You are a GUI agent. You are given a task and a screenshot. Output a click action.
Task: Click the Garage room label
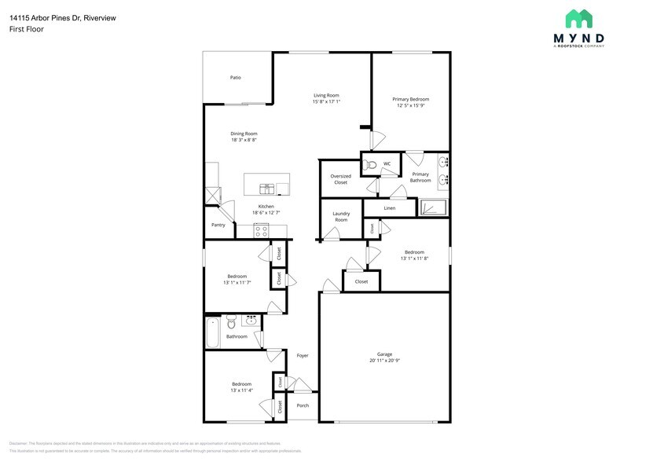[x=384, y=354]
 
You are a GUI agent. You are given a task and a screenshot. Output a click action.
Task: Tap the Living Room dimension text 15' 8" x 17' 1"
[x=326, y=102]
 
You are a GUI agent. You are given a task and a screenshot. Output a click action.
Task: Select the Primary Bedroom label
[x=411, y=99]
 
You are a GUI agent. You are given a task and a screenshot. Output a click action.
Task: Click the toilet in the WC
[x=370, y=164]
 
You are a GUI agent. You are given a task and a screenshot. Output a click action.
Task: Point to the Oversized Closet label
[x=341, y=179]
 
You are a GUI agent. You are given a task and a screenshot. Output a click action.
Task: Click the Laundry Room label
[x=341, y=216]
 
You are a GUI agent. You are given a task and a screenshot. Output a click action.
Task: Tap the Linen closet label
[x=390, y=208]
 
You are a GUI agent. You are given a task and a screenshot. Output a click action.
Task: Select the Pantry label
[x=218, y=225]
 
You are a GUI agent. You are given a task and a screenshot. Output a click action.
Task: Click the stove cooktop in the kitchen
[x=262, y=231]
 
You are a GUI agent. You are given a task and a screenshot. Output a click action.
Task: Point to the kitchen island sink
[x=267, y=188]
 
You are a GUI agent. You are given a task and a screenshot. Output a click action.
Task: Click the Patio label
[x=235, y=78]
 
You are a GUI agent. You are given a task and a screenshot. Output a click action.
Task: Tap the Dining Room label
[x=244, y=134]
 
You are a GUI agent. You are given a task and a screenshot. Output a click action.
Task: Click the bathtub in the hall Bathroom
[x=212, y=333]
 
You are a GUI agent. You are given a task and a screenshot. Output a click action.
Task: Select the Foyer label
[x=303, y=355]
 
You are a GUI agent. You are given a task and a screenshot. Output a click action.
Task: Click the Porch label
[x=303, y=405]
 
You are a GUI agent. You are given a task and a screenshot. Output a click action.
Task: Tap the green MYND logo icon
[x=579, y=19]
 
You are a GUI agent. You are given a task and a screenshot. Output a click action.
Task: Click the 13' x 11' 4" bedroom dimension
[x=240, y=390]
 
